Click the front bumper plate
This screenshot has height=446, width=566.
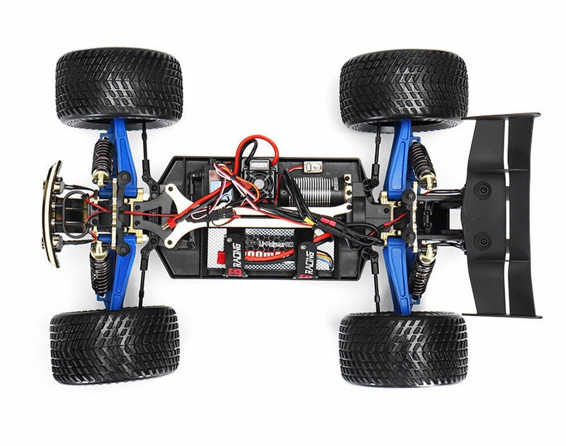52,214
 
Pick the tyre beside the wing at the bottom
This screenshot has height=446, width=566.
402,349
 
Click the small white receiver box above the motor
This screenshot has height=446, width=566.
311,167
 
